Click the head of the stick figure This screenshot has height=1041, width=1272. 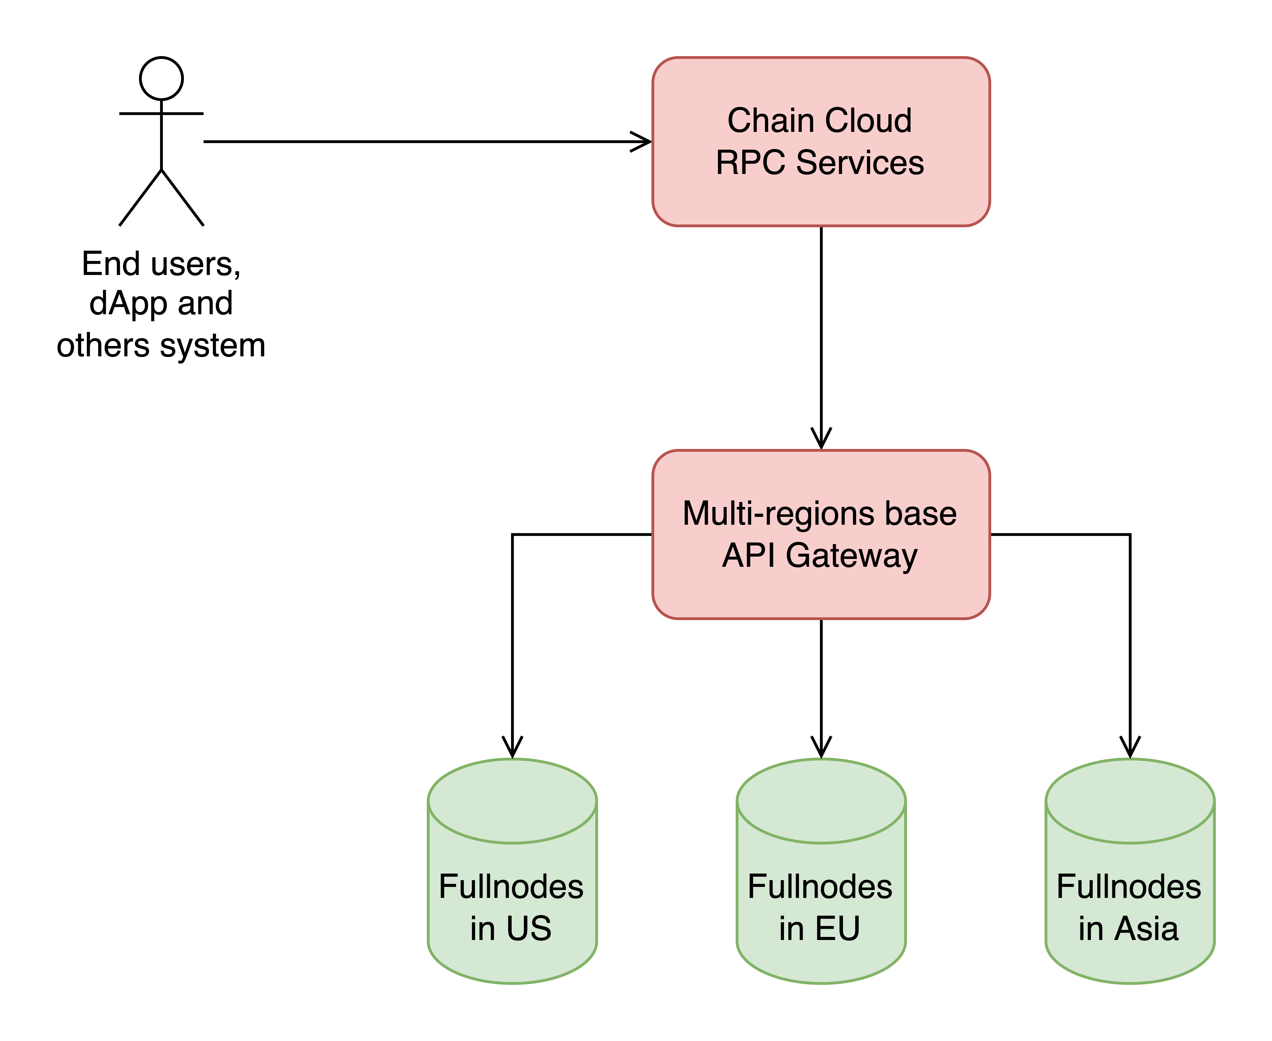click(x=161, y=79)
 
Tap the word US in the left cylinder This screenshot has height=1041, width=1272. click(x=528, y=929)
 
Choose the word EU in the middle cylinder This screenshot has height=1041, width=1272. click(x=837, y=929)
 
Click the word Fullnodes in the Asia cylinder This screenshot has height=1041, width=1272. click(x=1129, y=887)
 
